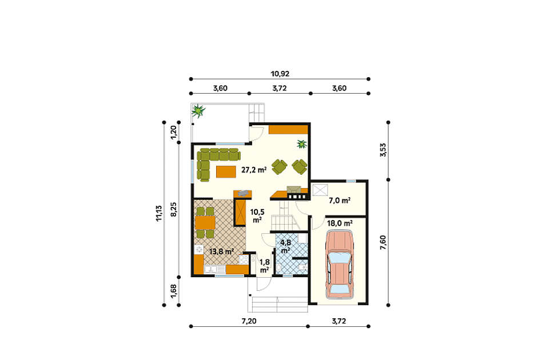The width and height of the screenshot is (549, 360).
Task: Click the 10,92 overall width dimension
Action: point(280,74)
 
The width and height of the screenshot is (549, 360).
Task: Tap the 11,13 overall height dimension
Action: point(160,213)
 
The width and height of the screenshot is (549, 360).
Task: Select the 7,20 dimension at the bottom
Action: point(249,321)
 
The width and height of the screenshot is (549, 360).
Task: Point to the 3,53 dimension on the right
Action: point(383,149)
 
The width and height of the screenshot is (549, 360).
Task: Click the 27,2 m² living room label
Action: point(254,170)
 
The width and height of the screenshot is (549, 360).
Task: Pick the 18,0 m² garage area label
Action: point(340,223)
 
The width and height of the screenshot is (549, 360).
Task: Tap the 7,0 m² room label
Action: point(340,201)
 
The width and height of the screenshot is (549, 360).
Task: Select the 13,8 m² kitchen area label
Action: point(221,251)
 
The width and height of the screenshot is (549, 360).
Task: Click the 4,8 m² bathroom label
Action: point(286,246)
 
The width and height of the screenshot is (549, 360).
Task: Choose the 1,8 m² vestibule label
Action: point(264,266)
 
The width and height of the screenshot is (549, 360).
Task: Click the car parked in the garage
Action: point(339,265)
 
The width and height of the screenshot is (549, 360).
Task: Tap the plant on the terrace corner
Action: point(198,111)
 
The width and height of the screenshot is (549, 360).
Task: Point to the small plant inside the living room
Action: point(301,143)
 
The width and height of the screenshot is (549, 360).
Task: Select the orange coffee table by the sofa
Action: point(226,172)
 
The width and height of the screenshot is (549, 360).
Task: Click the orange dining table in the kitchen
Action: point(205,222)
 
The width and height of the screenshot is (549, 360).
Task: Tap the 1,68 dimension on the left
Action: point(174,291)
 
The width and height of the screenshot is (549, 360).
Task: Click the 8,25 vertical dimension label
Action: point(174,210)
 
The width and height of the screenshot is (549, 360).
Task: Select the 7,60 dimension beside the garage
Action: point(383,242)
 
